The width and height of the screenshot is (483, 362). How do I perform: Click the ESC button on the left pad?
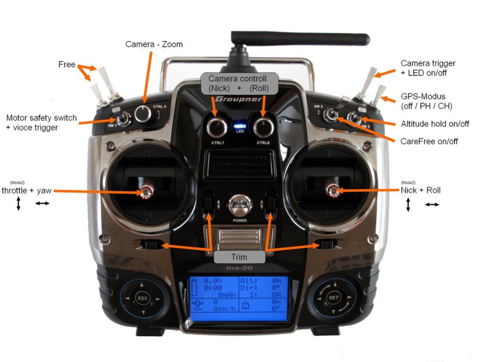coord(142,298)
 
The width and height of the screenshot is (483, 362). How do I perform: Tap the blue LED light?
coord(240,126)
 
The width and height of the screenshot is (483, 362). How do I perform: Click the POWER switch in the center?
coord(240,206)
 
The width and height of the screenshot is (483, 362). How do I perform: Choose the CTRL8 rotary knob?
coord(263,127)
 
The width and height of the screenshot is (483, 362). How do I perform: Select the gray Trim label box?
coord(239,257)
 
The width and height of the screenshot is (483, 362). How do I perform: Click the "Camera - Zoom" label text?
coord(154,44)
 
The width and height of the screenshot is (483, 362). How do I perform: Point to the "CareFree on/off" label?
coord(429,141)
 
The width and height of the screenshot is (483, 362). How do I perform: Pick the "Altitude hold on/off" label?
coord(435,124)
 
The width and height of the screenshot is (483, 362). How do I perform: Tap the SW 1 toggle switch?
coord(123,119)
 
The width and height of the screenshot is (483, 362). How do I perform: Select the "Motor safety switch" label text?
coord(42,118)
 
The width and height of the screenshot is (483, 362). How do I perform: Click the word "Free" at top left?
coord(67,64)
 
